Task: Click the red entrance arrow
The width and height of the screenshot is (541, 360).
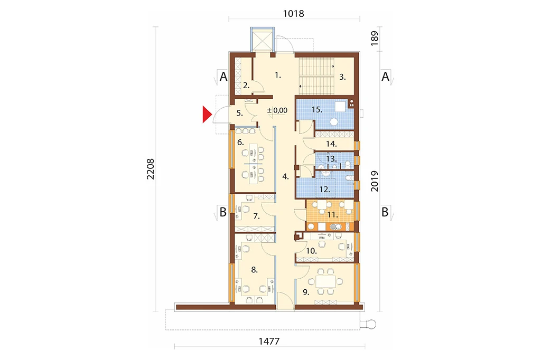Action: [207, 115]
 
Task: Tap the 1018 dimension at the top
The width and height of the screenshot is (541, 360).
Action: [294, 13]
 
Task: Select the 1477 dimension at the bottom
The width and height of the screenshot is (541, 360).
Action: [269, 342]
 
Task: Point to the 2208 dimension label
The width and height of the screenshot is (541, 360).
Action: [151, 169]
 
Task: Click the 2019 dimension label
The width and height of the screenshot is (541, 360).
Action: [375, 181]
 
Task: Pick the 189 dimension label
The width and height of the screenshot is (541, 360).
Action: [375, 39]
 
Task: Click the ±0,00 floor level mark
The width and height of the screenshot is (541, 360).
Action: [277, 110]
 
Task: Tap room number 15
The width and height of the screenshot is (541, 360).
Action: [317, 110]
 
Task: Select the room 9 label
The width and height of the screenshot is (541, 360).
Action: [306, 292]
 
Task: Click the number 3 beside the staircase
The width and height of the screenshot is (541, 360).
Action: [342, 77]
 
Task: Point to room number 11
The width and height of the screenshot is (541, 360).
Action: [332, 215]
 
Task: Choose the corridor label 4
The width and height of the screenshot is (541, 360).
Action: [285, 176]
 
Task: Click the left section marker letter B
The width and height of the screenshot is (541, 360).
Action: [223, 212]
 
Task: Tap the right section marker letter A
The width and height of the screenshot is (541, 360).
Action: [385, 76]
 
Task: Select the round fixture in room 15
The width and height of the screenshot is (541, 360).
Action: [334, 122]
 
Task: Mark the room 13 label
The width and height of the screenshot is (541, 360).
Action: [331, 159]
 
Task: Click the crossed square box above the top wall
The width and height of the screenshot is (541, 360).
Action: [262, 40]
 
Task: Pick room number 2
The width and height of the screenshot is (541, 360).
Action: [246, 85]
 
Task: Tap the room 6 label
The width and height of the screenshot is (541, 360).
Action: [240, 142]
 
